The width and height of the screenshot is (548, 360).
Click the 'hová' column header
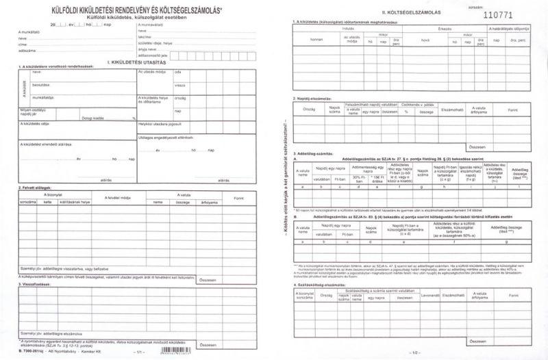click(425, 40)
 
